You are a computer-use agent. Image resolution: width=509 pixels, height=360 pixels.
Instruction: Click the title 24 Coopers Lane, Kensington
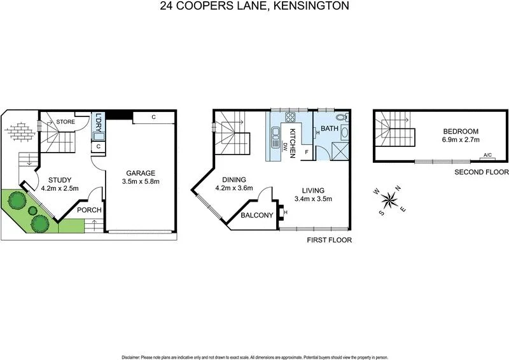pyautogui.click(x=254, y=6)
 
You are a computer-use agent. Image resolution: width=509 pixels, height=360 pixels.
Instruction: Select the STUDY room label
pyautogui.click(x=60, y=180)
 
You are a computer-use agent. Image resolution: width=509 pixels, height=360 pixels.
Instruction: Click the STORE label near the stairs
pyautogui.click(x=66, y=121)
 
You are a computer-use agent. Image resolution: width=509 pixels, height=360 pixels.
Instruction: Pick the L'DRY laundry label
pyautogui.click(x=98, y=122)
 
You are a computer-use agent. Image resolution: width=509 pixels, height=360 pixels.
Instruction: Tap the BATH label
pyautogui.click(x=330, y=128)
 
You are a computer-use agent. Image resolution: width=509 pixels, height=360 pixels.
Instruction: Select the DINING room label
pyautogui.click(x=234, y=179)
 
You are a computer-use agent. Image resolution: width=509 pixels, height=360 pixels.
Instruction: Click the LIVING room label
pyautogui.click(x=314, y=190)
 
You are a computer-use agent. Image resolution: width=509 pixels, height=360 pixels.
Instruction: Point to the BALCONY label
pyautogui.click(x=257, y=216)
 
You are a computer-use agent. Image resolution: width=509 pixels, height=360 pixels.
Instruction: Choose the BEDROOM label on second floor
pyautogui.click(x=461, y=131)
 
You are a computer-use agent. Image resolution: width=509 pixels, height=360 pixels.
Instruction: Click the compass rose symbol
pyautogui.click(x=389, y=201)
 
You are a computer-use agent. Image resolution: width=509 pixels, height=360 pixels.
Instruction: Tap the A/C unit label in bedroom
pyautogui.click(x=488, y=155)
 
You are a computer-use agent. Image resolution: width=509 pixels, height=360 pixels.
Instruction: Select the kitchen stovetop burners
pyautogui.click(x=291, y=118)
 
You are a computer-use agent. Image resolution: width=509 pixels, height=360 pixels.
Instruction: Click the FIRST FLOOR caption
pyautogui.click(x=329, y=240)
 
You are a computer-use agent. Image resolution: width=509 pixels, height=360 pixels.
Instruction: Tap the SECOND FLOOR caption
pyautogui.click(x=482, y=172)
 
